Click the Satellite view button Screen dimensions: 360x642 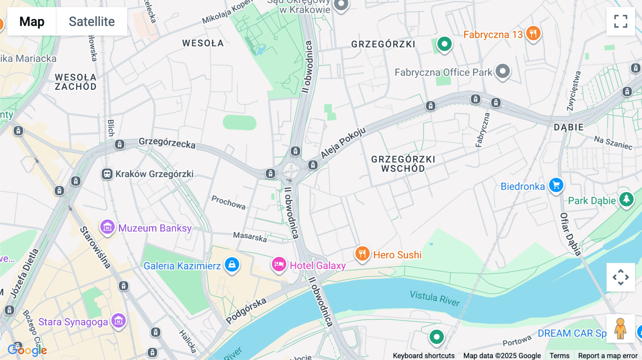point(92,21)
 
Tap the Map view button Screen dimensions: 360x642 point(32,21)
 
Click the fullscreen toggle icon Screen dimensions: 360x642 point(621,21)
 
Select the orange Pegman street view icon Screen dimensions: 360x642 point(620,329)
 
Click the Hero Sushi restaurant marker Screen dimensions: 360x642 point(362,254)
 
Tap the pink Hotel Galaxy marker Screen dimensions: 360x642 point(279,264)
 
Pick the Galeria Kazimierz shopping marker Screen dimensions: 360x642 point(232,265)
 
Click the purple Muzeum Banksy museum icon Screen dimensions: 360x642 point(107,227)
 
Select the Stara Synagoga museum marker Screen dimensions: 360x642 point(118,321)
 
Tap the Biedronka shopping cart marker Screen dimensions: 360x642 point(556,185)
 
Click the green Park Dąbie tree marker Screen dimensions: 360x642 point(626,199)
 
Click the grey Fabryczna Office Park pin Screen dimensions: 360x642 point(503,71)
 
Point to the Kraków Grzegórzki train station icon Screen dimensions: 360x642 point(107,174)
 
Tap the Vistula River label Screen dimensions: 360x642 point(434,298)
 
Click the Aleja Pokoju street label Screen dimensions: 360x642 point(343,143)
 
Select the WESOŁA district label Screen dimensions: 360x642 point(203,43)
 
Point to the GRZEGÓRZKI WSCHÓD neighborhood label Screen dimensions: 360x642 point(403,164)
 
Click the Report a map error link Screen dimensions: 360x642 point(607,356)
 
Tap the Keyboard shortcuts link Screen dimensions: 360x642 point(423,356)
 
